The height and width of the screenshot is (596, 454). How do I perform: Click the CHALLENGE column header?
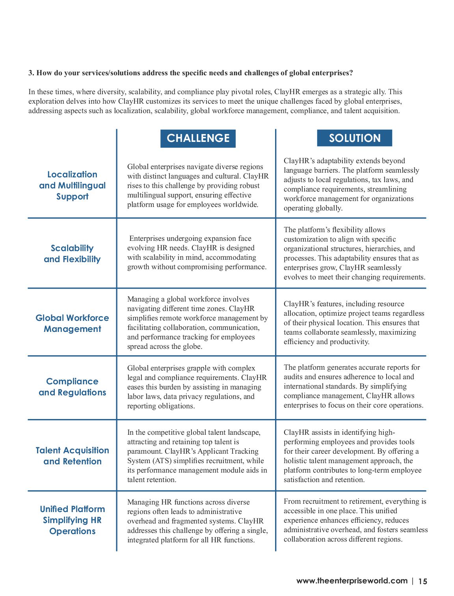(x=198, y=138)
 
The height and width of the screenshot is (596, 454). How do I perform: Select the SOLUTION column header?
(x=354, y=138)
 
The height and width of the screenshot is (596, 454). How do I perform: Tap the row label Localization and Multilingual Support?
(x=73, y=185)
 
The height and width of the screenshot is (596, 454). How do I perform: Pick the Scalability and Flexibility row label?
(x=72, y=254)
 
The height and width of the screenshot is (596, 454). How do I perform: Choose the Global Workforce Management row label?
(x=73, y=323)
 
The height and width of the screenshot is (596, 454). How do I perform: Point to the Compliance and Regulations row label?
(x=73, y=387)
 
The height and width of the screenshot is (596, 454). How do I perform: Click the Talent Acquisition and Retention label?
(x=73, y=456)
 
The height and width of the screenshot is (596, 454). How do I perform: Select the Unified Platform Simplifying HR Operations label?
(x=73, y=520)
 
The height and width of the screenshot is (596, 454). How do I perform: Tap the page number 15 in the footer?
(x=422, y=581)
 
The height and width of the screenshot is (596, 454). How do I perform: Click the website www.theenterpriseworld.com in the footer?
(x=352, y=581)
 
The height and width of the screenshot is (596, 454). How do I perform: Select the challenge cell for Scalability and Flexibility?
(x=197, y=253)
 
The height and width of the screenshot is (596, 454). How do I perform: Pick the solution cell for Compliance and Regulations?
(x=353, y=386)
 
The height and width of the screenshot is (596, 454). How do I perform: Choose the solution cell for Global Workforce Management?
(x=354, y=323)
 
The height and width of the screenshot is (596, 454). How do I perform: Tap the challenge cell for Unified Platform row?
(x=197, y=521)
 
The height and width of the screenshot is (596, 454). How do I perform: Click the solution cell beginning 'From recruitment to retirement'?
(x=355, y=520)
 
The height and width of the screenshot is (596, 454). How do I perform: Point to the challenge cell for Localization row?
(x=197, y=186)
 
